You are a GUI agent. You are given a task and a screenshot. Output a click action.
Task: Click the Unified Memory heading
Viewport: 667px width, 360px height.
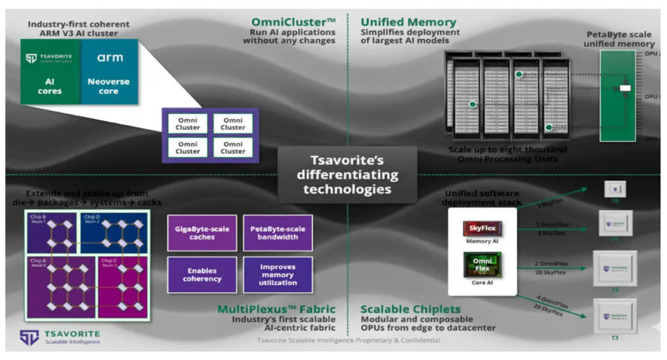408,22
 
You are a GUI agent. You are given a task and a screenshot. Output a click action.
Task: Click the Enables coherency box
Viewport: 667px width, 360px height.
202,274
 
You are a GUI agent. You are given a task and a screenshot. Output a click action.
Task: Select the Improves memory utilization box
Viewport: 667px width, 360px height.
278,274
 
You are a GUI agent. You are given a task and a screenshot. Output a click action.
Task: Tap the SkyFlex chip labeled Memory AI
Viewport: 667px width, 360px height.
482,229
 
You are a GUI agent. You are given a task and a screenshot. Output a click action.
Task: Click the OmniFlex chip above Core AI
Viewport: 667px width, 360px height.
482,263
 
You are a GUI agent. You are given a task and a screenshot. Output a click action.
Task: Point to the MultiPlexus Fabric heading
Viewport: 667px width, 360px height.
277,309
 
